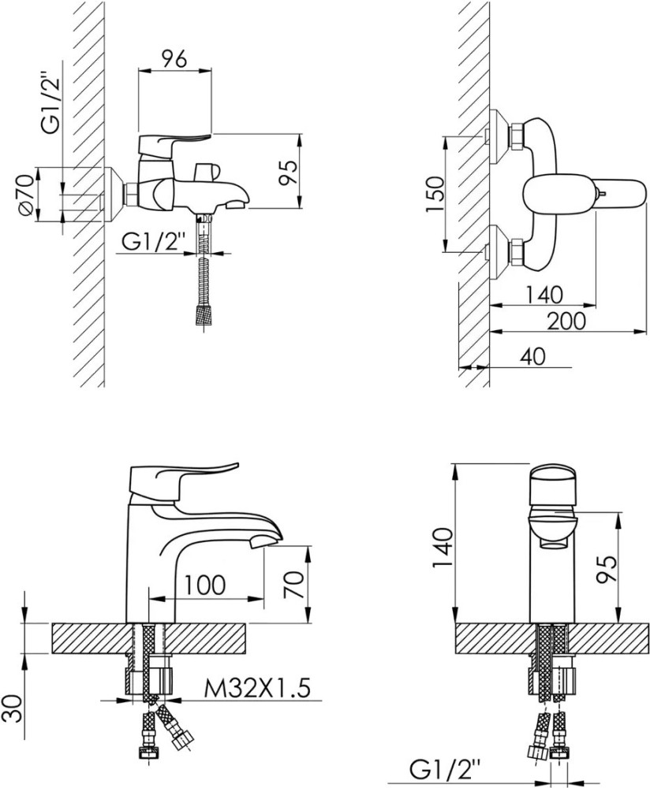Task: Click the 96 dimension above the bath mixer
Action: point(174,58)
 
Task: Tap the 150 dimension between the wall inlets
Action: point(435,194)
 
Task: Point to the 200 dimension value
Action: point(566,321)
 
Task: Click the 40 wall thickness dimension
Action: point(532,356)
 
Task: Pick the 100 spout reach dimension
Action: point(205,585)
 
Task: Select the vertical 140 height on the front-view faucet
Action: point(443,547)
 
